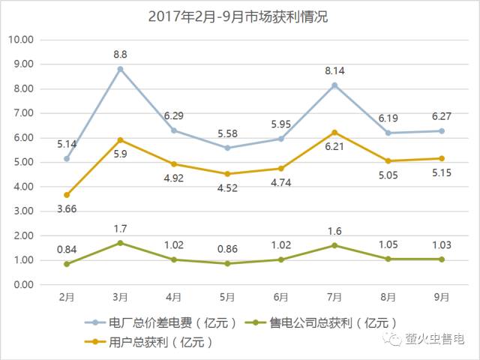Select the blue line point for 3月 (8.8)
tap(120, 69)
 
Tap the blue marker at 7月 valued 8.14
tap(334, 85)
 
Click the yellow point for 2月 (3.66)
tap(67, 195)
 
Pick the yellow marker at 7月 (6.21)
tap(334, 132)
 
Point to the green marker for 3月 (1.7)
tap(120, 243)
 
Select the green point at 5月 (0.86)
tap(227, 263)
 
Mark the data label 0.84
tap(67, 248)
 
